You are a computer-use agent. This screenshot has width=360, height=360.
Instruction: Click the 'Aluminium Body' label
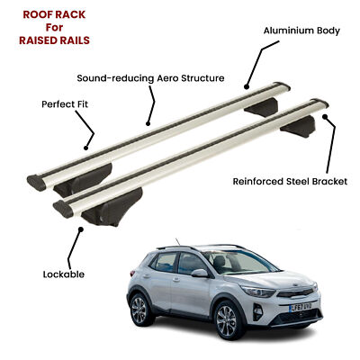coord(301,31)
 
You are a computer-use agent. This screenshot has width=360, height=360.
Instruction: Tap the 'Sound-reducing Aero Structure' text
coord(150,78)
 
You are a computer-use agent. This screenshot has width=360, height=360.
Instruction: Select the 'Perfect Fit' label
coord(65,104)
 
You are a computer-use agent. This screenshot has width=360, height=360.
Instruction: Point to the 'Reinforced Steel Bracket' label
coord(290,182)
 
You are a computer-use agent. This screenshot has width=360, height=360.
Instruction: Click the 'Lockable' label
coord(64,274)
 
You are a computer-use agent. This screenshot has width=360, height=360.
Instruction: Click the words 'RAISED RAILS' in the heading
coord(54,40)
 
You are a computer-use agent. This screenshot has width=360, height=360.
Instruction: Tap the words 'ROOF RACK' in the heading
coord(54,14)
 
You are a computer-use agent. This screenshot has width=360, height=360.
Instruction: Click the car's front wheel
coord(227,320)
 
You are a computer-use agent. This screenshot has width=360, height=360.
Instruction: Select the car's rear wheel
coord(139,310)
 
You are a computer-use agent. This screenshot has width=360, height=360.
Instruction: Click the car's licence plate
coord(301,307)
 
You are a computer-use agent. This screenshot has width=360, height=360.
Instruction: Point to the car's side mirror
coord(200,273)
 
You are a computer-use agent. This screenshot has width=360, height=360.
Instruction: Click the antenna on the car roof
coord(177,242)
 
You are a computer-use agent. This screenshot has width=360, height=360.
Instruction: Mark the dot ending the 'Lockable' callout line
coord(80,229)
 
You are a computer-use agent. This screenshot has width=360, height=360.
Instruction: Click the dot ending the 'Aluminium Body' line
coord(247,87)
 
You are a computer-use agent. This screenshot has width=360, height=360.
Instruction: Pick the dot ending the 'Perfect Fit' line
coord(86,148)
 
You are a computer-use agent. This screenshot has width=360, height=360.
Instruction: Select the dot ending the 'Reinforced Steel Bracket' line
coord(325,117)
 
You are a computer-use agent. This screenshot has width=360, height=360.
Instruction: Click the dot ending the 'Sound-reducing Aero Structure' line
coord(148,123)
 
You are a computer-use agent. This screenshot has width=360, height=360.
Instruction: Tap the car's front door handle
coord(176,279)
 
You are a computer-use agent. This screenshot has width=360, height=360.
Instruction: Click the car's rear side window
coord(165,262)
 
